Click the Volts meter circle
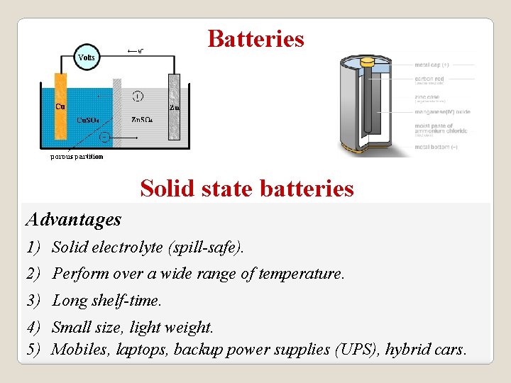coord(87,57)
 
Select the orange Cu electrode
coord(60,106)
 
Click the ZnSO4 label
coord(143,120)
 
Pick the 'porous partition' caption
coord(77,157)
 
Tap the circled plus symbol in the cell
coord(137,96)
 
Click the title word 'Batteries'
coord(255,38)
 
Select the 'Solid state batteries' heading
coord(247,189)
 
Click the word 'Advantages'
coord(73,220)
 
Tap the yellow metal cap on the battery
coord(367,62)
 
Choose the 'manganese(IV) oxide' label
coord(442,112)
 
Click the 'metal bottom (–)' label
coord(436,147)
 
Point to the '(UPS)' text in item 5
coord(358,349)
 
